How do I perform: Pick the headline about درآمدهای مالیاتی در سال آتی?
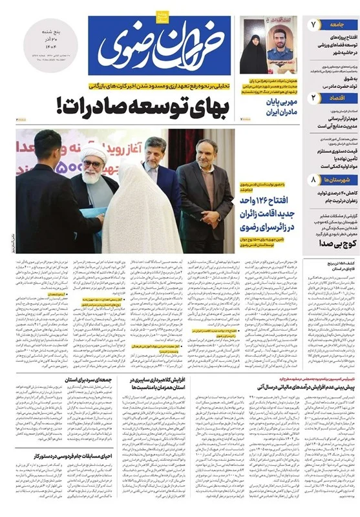click(294, 383)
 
